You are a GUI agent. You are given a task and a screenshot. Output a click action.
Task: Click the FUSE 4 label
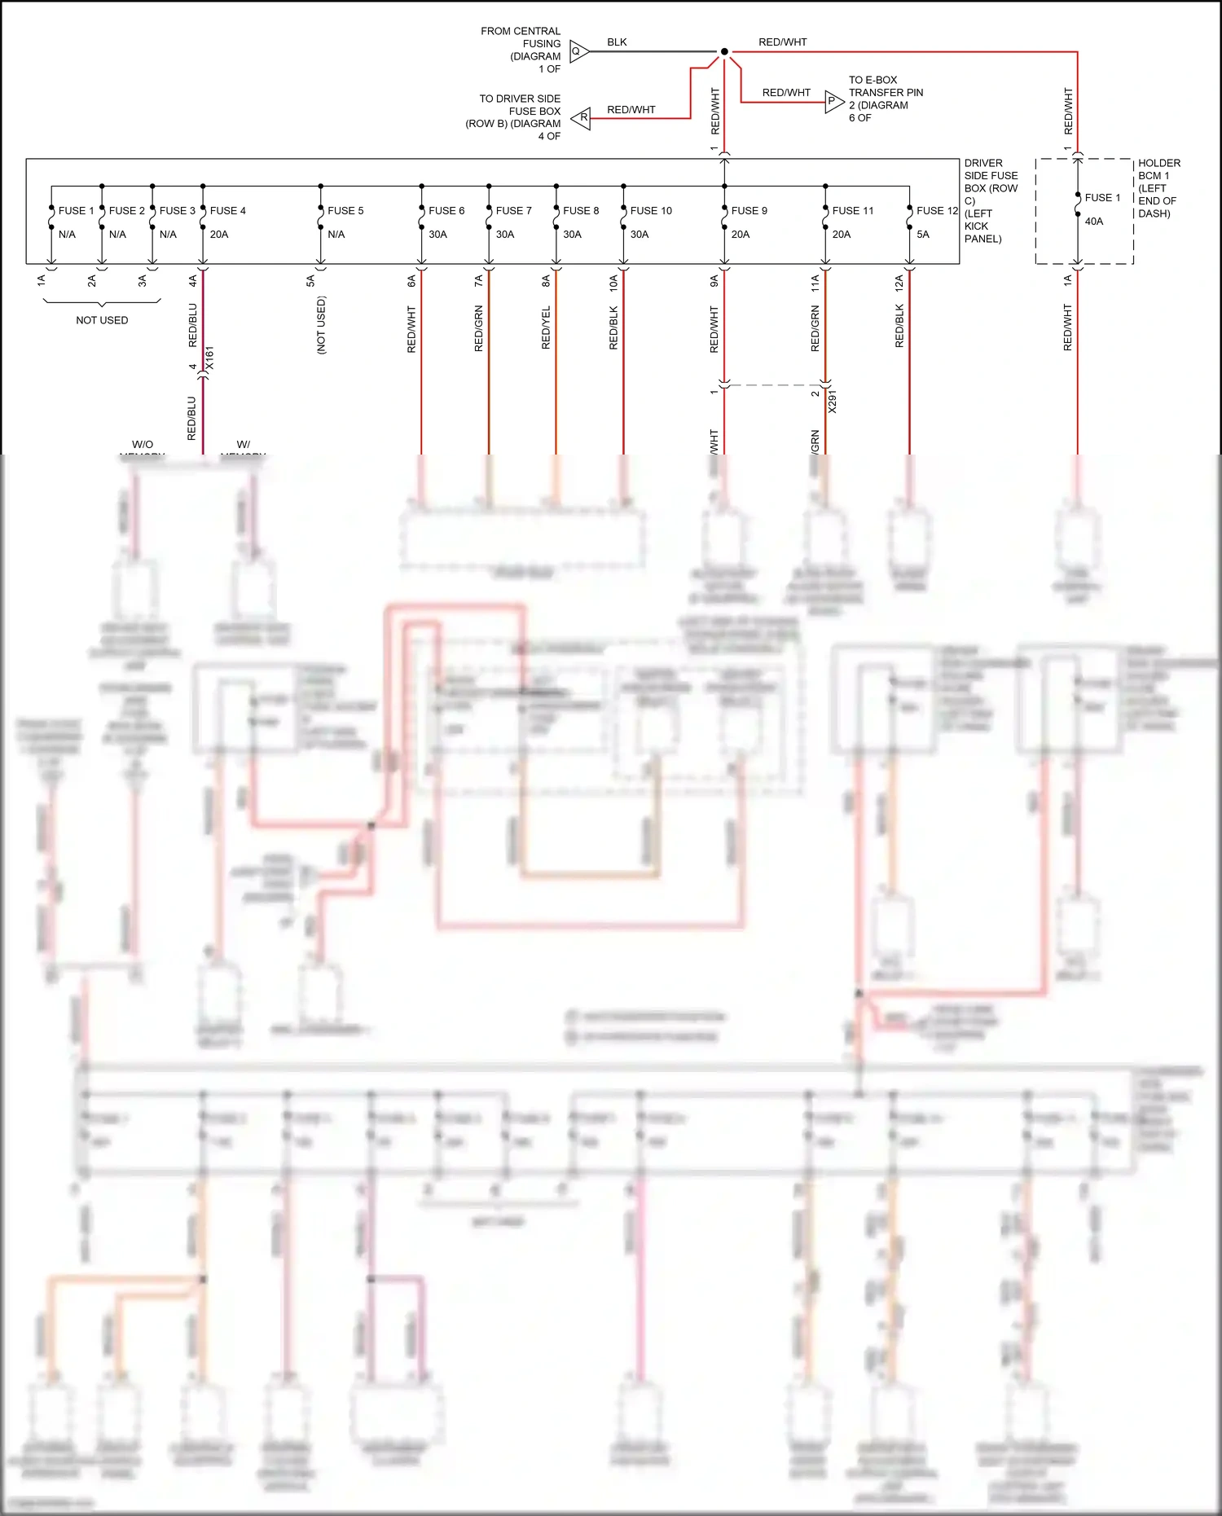(227, 210)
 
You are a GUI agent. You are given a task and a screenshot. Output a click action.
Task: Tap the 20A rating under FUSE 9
(740, 234)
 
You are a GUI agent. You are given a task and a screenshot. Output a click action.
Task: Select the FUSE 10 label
(651, 210)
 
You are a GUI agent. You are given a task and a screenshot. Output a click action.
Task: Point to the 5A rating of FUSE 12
(922, 234)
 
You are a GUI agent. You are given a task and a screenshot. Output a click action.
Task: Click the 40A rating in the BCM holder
(1093, 221)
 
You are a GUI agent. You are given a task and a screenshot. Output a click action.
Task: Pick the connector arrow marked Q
(578, 51)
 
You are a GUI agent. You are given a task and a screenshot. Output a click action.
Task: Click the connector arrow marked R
(582, 118)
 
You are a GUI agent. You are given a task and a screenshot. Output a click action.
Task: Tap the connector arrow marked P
(833, 102)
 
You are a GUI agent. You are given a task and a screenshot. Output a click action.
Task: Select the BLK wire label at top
(617, 42)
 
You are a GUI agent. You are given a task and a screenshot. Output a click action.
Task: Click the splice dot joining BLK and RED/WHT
(723, 51)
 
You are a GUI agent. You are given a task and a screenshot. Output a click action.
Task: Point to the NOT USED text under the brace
(102, 320)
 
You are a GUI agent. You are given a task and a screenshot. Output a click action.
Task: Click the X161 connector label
(209, 358)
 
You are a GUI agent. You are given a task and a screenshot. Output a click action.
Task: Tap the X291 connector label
(832, 402)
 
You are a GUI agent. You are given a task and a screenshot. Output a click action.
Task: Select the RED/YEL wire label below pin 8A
(546, 327)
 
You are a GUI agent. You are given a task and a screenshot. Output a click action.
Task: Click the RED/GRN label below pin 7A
(478, 327)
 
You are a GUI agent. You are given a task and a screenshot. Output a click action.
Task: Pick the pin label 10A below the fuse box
(613, 282)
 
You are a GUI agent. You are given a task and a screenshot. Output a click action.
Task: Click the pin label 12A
(899, 282)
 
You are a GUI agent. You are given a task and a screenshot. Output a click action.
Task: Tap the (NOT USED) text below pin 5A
(321, 324)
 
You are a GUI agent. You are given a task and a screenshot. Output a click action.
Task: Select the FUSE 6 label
(446, 210)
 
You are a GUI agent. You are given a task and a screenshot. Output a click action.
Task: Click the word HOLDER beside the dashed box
(1158, 163)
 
